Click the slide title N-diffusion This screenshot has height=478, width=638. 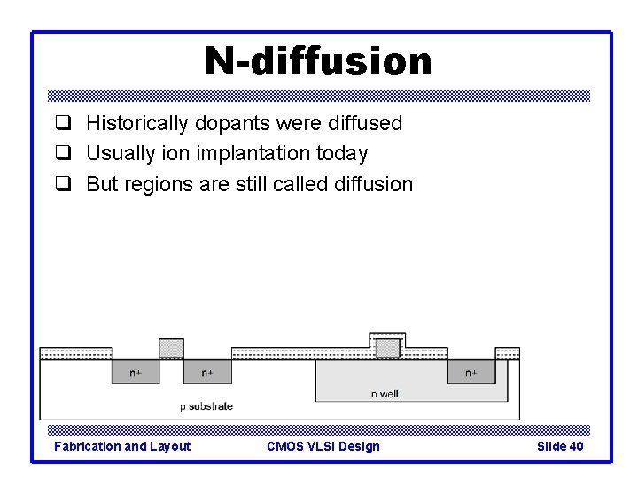(318, 61)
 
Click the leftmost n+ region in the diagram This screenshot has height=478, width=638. (135, 373)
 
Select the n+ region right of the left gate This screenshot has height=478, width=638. (207, 373)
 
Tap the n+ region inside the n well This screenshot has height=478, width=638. (471, 373)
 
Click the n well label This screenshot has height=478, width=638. (385, 394)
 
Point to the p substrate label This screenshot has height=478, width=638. (206, 406)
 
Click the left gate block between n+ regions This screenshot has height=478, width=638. (171, 348)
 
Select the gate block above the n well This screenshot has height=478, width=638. (387, 348)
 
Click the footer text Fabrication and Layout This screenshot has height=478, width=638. (122, 446)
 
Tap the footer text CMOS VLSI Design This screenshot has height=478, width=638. (323, 446)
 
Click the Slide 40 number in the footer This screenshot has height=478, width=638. (560, 446)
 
